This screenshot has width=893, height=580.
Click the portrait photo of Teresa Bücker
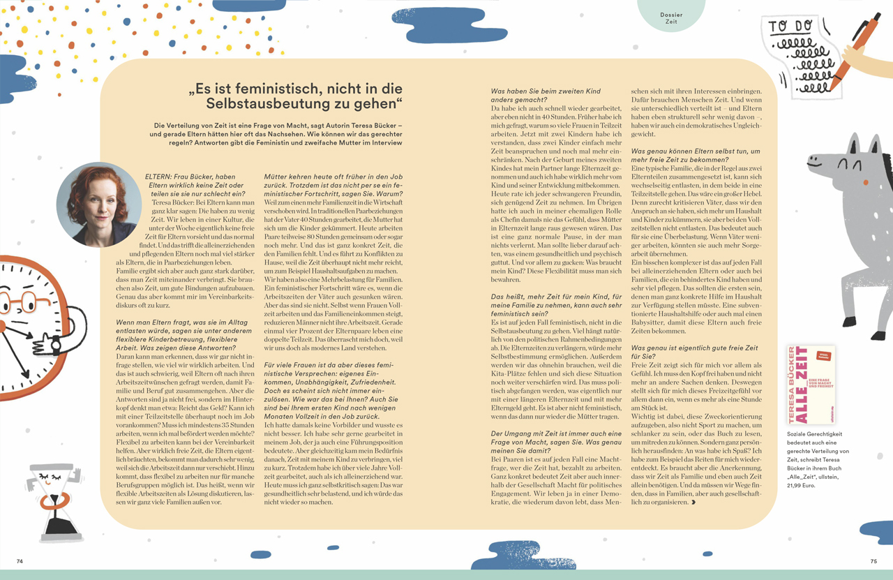click(97, 205)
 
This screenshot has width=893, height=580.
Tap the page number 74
click(20, 561)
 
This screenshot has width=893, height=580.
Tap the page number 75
click(873, 561)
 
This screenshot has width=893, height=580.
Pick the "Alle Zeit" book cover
click(811, 384)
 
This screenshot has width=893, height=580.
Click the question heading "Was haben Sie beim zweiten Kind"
click(546, 91)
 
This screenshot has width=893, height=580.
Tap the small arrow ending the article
click(692, 502)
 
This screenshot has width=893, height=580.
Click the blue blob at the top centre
click(440, 24)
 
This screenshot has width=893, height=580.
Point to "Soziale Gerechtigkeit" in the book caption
click(813, 433)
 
